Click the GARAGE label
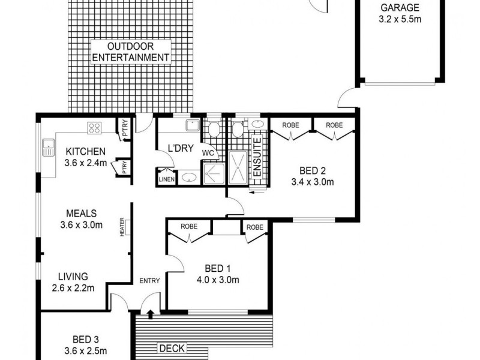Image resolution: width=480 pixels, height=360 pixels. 399,8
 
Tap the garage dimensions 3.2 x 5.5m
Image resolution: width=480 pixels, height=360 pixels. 399,19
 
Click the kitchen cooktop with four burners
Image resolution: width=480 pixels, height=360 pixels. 95,127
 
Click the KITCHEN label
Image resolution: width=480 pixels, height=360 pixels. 86,151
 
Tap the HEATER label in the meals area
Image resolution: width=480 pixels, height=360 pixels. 122,226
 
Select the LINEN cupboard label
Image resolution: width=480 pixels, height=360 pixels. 166,179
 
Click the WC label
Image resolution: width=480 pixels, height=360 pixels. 208,153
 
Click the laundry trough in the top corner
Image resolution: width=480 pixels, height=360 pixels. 193,125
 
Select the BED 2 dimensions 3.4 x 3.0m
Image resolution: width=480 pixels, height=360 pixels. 312,181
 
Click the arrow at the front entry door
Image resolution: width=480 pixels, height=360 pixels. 149,312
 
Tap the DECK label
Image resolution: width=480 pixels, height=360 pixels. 172,348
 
